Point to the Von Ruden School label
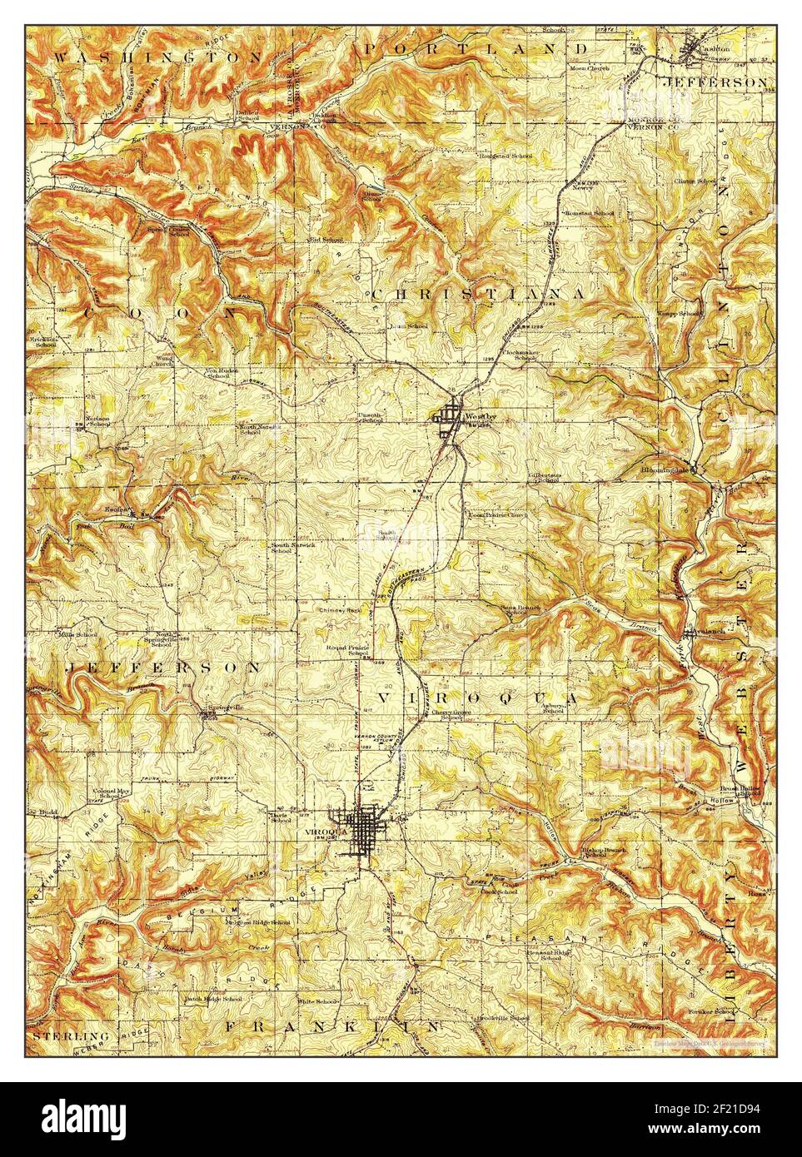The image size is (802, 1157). [x=217, y=373]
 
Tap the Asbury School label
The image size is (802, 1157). [x=553, y=708]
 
